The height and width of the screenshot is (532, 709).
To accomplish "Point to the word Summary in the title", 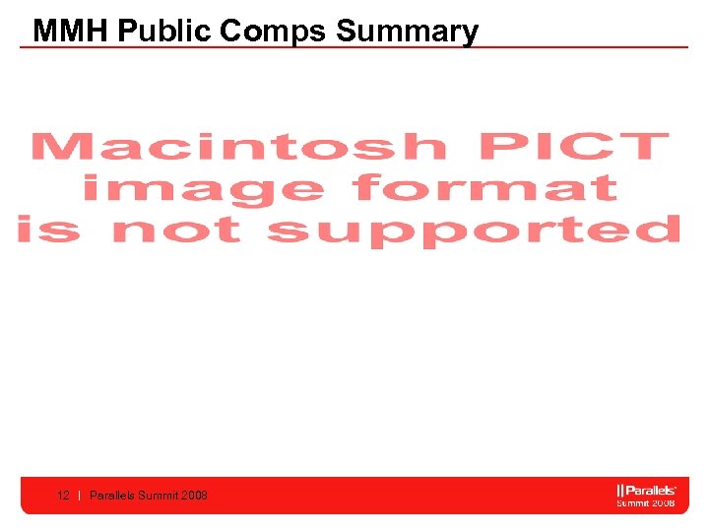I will pos(407,31).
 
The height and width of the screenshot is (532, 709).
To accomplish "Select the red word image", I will pos(203,187).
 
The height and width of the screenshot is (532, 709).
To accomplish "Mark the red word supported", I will pos(474,232).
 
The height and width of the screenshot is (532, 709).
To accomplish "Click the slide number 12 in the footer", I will pos(63,496).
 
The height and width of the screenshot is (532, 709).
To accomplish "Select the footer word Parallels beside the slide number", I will pos(112,496).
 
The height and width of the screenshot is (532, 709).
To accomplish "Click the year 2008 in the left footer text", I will pos(195,496).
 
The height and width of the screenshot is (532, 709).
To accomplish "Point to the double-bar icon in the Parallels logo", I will pos(620,490).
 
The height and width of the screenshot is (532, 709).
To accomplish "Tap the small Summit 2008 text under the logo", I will pos(645,502).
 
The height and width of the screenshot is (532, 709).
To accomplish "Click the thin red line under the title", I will pos(354,46).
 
